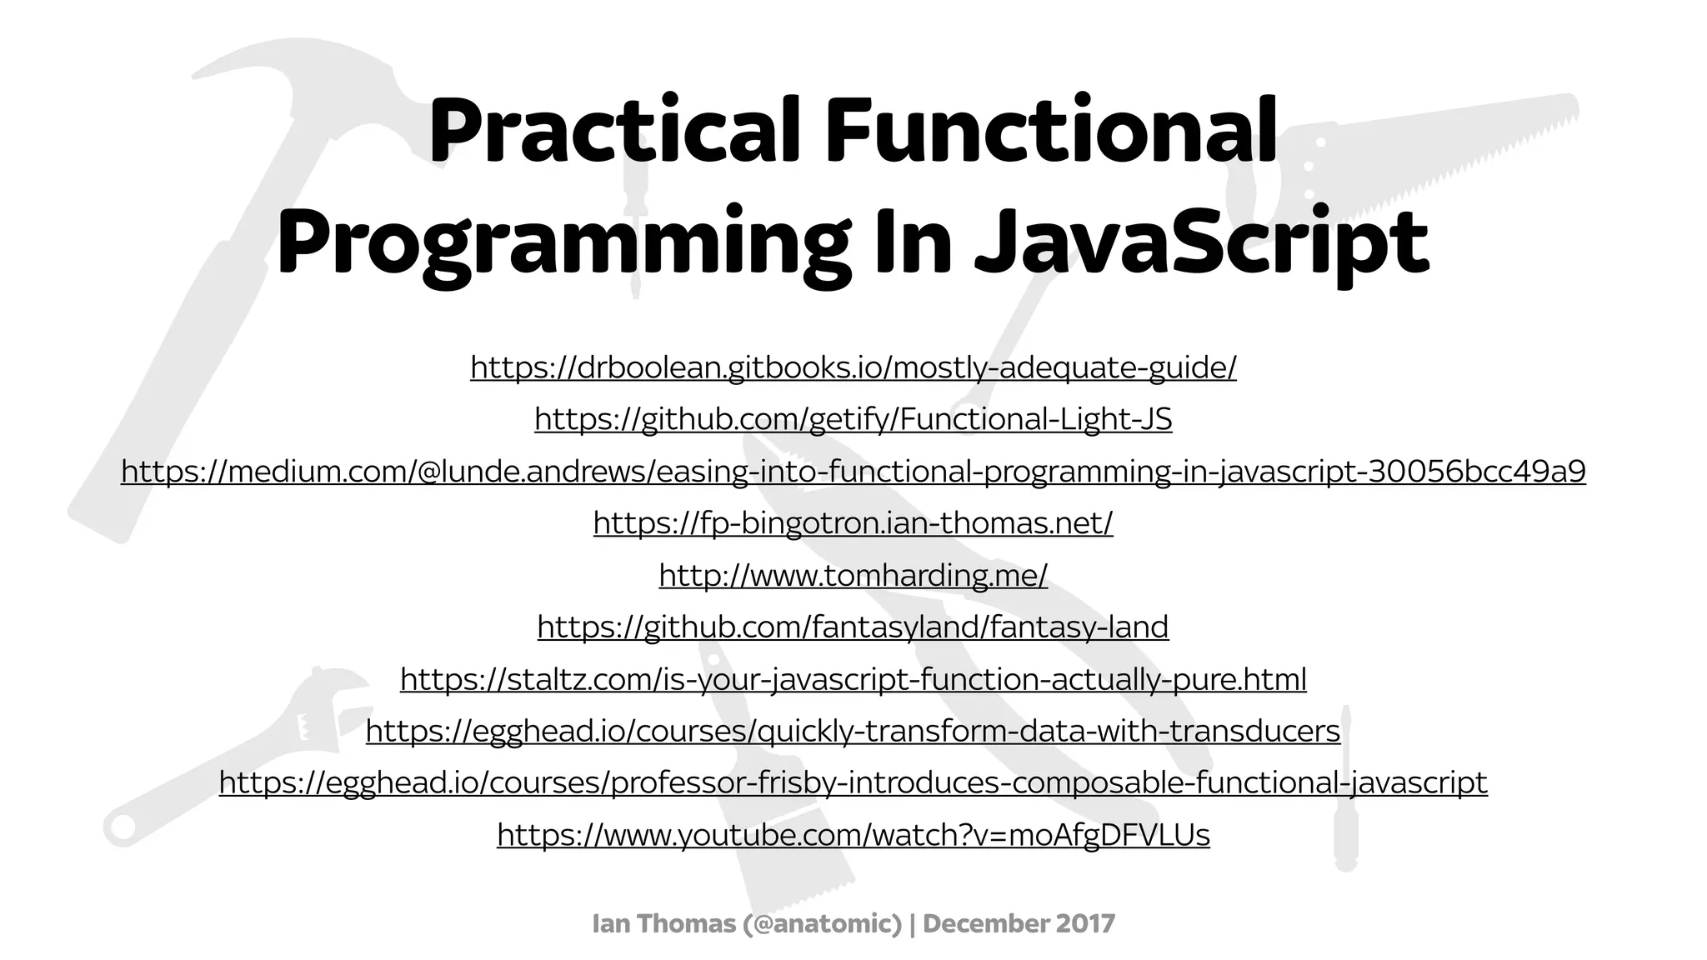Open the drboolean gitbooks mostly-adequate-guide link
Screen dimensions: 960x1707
point(853,367)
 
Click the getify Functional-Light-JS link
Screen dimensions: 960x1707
point(853,418)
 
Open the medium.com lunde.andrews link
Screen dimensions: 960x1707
point(853,471)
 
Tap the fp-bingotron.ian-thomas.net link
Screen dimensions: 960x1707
point(853,522)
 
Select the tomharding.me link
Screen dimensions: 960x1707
point(853,575)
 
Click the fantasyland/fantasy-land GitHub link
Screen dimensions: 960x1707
point(853,627)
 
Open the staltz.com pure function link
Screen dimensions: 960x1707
point(853,679)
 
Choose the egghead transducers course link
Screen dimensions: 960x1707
point(853,731)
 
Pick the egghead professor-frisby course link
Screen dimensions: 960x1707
point(853,782)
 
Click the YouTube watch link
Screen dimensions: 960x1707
point(853,834)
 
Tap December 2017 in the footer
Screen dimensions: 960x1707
point(1019,923)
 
